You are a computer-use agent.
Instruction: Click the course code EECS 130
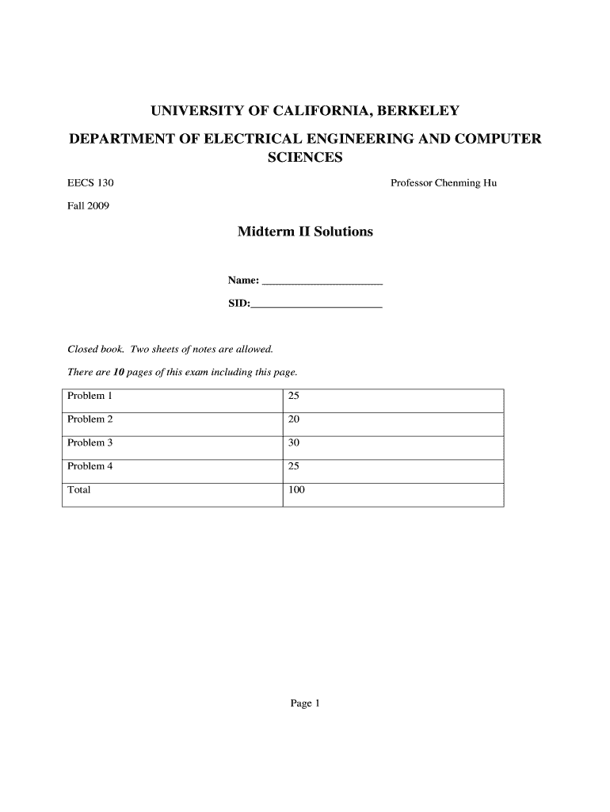pyautogui.click(x=90, y=183)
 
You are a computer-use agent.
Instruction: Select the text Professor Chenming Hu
pyautogui.click(x=444, y=183)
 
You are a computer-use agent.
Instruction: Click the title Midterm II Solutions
pyautogui.click(x=305, y=232)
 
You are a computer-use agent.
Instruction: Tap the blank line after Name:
pyautogui.click(x=322, y=282)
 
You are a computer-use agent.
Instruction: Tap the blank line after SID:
pyautogui.click(x=316, y=304)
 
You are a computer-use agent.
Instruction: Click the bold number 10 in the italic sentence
pyautogui.click(x=120, y=372)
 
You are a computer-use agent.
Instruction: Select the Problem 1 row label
pyautogui.click(x=90, y=396)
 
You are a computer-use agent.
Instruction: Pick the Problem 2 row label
pyautogui.click(x=90, y=419)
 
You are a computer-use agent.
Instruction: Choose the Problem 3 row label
pyautogui.click(x=90, y=442)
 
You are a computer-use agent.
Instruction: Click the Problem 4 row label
pyautogui.click(x=90, y=466)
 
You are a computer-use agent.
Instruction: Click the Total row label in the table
pyautogui.click(x=79, y=490)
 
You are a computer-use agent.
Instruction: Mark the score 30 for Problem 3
pyautogui.click(x=294, y=442)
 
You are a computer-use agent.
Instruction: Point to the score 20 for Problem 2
pyautogui.click(x=294, y=419)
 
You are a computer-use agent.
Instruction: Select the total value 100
pyautogui.click(x=296, y=490)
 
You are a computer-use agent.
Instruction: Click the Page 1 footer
pyautogui.click(x=304, y=703)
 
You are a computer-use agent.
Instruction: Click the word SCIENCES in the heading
pyautogui.click(x=305, y=158)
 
